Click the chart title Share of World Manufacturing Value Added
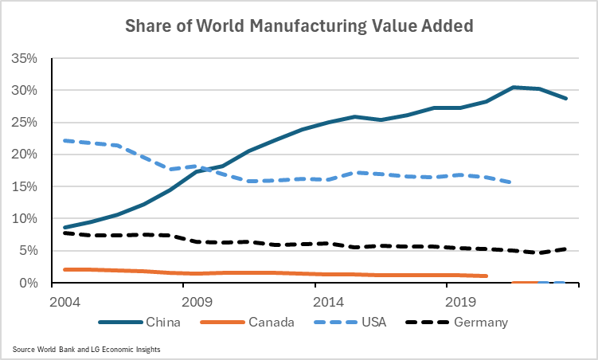(299, 25)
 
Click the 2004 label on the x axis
(63, 302)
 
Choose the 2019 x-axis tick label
(459, 302)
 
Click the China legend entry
(160, 323)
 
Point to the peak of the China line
(514, 87)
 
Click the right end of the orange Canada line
(486, 276)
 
